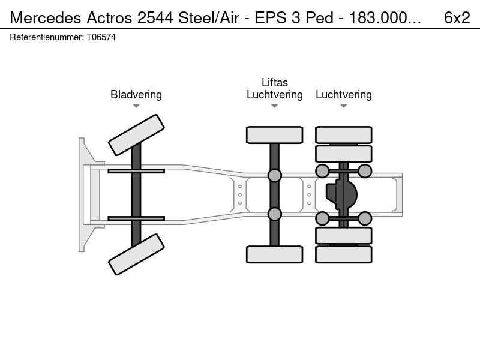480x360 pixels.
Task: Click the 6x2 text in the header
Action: [x=457, y=18]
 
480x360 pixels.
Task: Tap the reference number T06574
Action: [x=101, y=37]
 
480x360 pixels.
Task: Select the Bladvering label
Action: [x=136, y=95]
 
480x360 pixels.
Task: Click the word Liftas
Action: [x=275, y=83]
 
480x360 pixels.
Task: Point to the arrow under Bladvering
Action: [x=136, y=106]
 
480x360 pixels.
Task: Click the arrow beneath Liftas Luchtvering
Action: [x=275, y=106]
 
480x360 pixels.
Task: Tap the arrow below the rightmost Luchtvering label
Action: [x=344, y=106]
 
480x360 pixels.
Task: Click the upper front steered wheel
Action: [x=136, y=135]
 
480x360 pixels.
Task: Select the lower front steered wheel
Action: [x=136, y=254]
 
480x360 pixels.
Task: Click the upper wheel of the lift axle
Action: [x=275, y=135]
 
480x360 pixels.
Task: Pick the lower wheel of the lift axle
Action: [x=275, y=254]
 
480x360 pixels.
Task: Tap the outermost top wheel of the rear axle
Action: [x=344, y=135]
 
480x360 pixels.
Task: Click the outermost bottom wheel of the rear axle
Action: [x=344, y=254]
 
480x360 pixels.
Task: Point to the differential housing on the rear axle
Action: [x=341, y=194]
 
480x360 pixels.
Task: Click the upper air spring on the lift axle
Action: [x=275, y=175]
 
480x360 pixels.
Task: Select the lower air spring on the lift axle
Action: [x=275, y=214]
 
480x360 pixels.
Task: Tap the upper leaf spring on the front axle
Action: [x=136, y=171]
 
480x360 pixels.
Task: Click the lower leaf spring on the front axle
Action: [x=136, y=218]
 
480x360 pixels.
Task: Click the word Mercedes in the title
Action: [x=46, y=18]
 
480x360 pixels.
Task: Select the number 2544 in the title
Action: [x=155, y=18]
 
